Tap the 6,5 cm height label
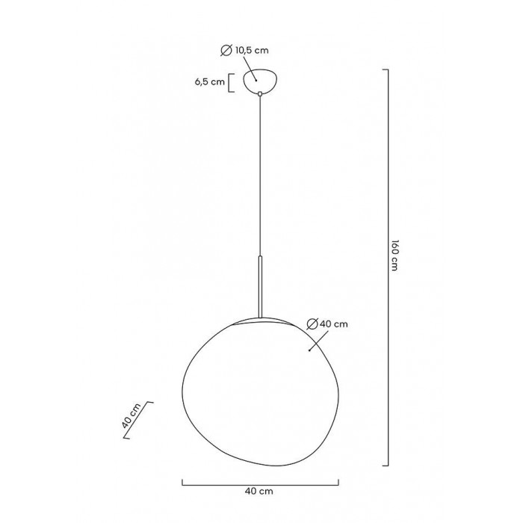[x=210, y=82]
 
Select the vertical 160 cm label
[x=394, y=255]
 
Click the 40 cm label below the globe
[x=259, y=491]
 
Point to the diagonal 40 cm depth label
[x=131, y=415]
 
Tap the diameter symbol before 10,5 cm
[x=226, y=50]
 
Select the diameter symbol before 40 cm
[x=312, y=324]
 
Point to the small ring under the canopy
[x=260, y=94]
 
